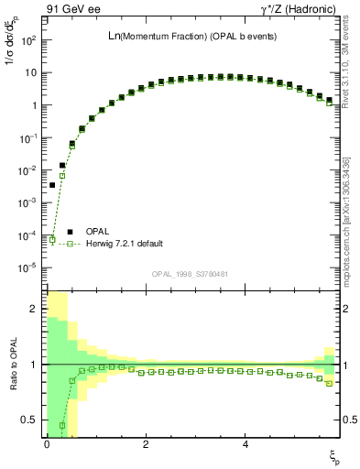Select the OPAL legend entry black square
coord(69,232)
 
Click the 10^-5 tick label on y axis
coord(29,267)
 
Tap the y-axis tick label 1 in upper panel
coord(35,105)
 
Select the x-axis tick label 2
coord(146,444)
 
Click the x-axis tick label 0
coord(47,444)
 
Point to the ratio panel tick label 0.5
coord(31,420)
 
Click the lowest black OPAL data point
coord(52,185)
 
